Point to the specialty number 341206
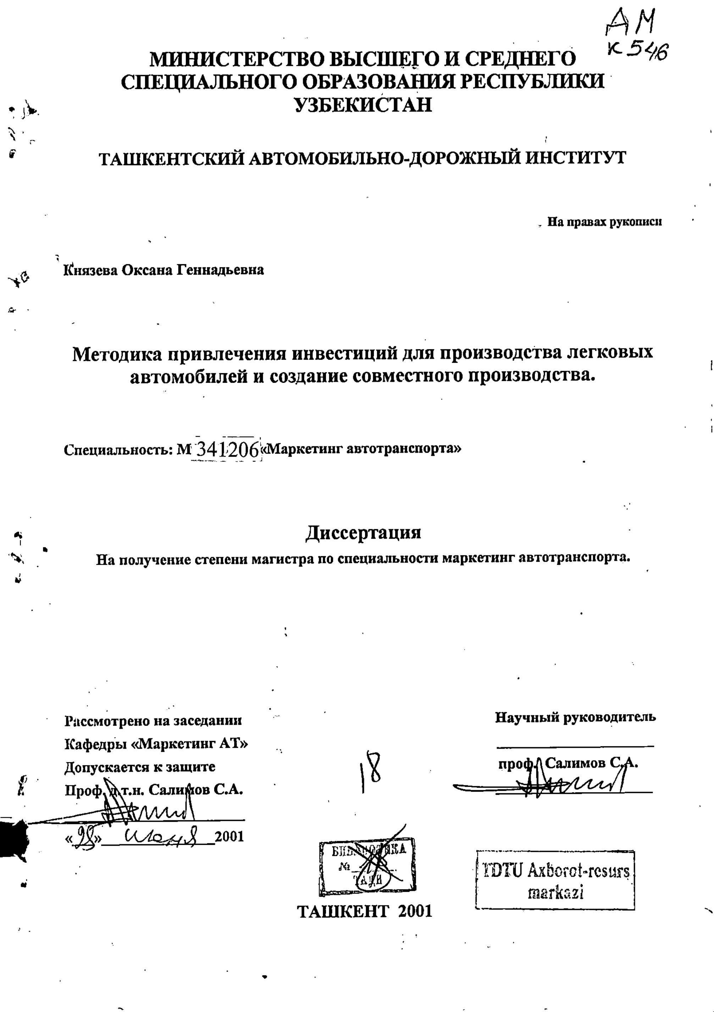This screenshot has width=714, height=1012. click(x=226, y=449)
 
